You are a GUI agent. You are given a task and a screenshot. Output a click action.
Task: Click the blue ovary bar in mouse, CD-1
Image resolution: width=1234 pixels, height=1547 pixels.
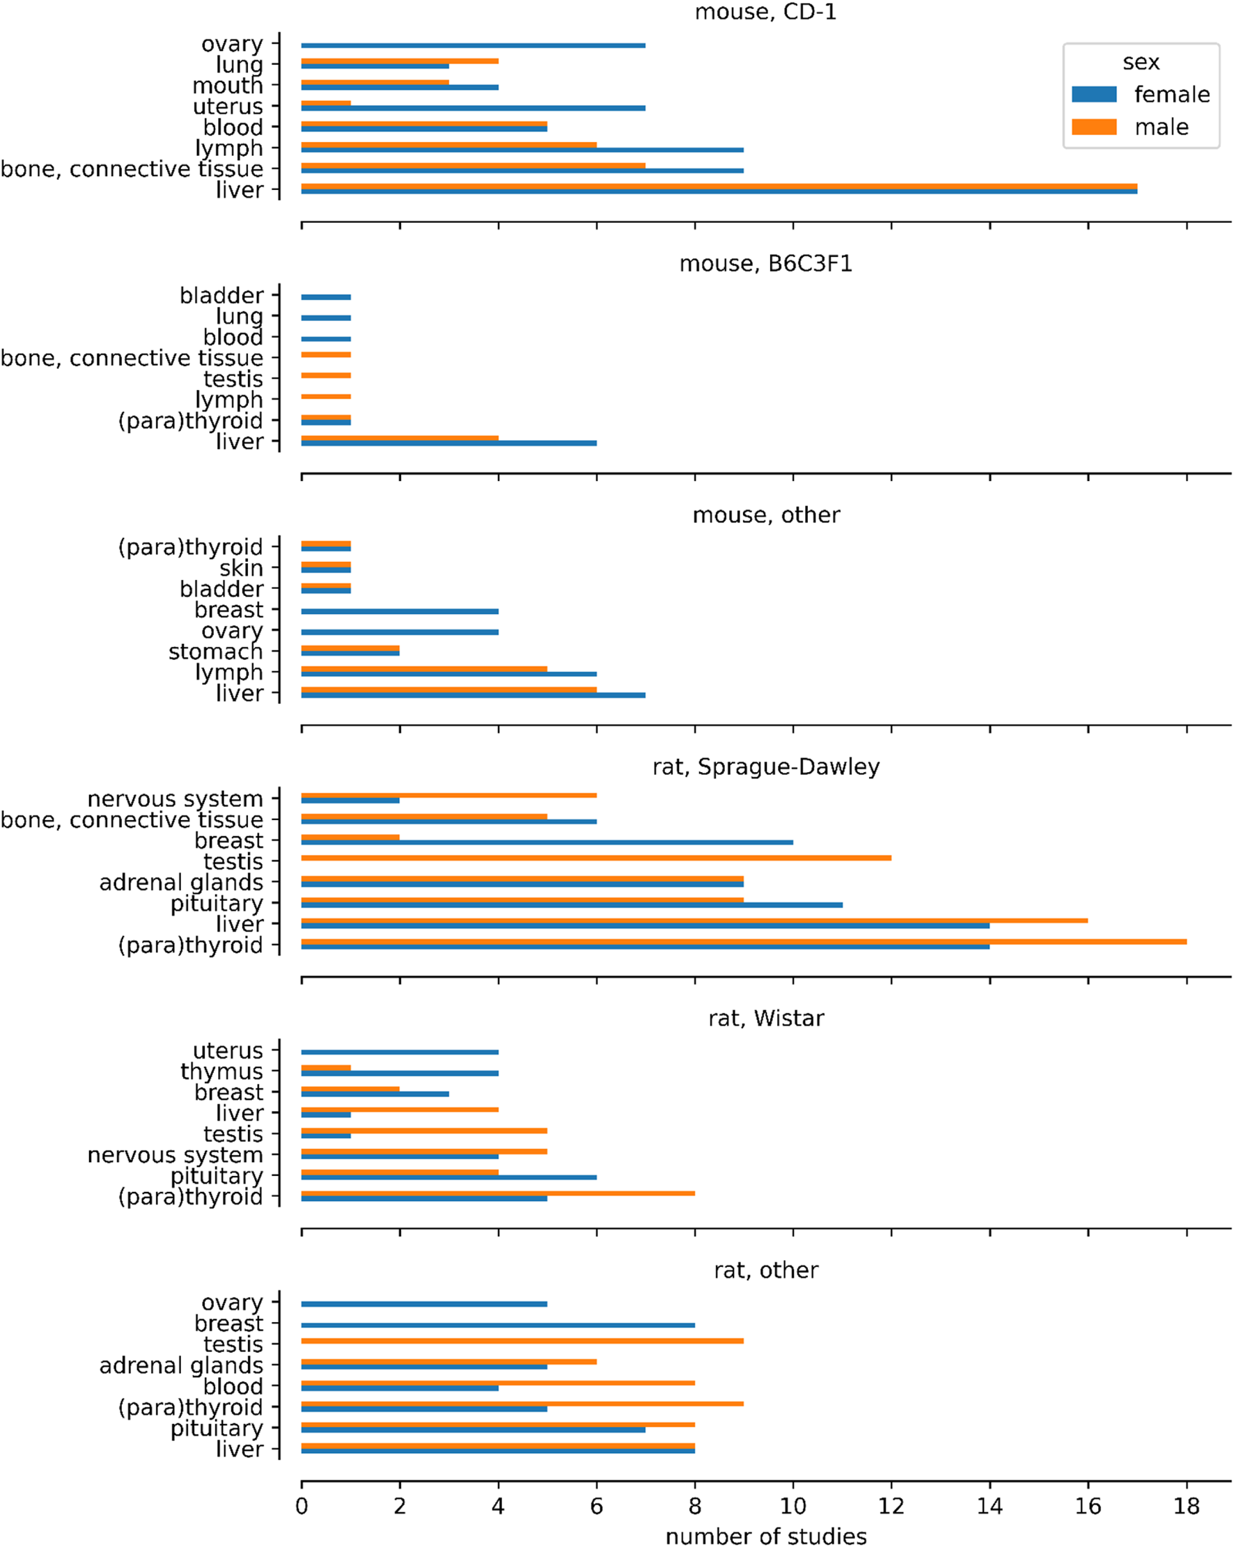coord(472,45)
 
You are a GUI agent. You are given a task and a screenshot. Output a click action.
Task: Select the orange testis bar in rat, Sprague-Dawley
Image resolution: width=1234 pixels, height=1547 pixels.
coord(596,858)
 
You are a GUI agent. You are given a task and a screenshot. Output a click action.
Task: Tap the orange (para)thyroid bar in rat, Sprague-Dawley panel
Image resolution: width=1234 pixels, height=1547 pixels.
coord(743,941)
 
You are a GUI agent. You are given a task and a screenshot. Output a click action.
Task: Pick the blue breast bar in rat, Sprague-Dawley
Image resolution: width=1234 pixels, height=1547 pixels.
coord(547,842)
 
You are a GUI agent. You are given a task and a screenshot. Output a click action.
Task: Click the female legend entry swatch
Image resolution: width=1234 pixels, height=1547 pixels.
coord(1093,94)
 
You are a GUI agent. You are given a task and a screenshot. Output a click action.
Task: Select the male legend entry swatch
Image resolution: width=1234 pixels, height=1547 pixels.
coord(1093,127)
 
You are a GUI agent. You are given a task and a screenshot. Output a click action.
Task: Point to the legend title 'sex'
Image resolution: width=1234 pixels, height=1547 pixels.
coord(1141,63)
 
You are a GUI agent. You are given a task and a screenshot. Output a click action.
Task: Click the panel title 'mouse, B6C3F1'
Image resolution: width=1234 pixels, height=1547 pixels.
coord(765,264)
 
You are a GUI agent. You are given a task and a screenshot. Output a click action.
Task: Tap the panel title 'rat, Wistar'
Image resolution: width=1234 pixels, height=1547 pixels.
coord(765,1018)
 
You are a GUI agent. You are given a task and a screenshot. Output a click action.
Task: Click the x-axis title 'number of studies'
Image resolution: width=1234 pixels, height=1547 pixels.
coord(765,1537)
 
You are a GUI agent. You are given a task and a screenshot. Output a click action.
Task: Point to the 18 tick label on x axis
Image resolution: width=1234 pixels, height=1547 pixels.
coord(1186,1505)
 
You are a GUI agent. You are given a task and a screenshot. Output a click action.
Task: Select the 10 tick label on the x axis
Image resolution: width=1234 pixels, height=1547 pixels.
coord(792,1505)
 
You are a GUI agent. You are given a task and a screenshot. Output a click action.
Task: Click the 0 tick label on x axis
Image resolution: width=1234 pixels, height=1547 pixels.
coord(302,1505)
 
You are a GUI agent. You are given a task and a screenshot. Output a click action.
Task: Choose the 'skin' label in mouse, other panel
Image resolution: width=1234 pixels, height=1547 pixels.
coord(241,568)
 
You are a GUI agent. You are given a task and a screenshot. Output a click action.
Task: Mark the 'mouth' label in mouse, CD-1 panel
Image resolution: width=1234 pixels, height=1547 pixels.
coord(228,86)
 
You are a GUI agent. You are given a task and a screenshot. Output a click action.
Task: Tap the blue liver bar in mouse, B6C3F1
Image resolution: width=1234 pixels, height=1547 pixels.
coord(448,443)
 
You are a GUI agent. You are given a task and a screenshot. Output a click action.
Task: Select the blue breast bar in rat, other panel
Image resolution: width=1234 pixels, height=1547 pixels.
coord(497,1325)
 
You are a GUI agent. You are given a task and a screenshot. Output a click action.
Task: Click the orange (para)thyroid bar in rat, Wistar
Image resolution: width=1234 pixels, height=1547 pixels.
coord(497,1193)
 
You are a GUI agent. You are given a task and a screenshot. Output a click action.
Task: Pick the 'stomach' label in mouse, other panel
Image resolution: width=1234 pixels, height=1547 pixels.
coord(215,652)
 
